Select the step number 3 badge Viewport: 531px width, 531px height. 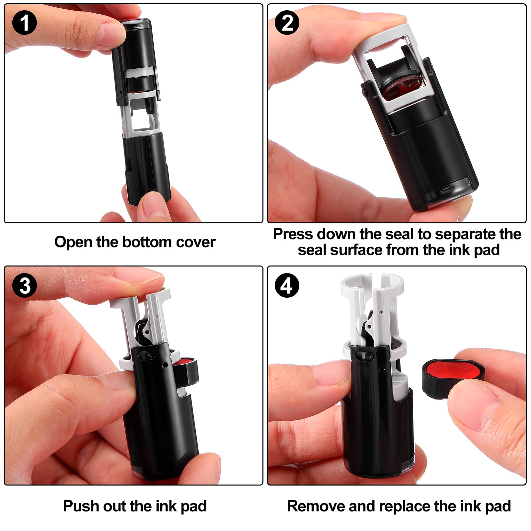pos(24,285)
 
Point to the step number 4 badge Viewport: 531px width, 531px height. pos(287,285)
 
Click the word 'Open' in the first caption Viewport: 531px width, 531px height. pos(73,242)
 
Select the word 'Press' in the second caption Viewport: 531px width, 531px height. pos(293,234)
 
